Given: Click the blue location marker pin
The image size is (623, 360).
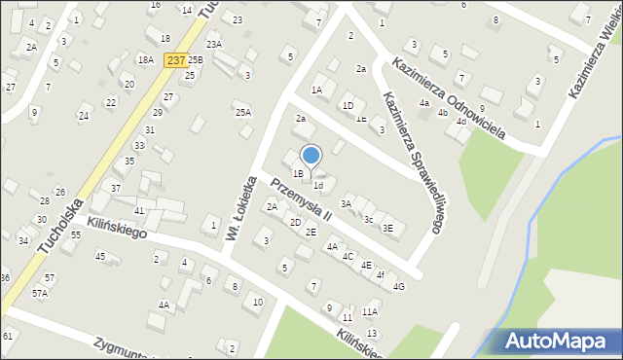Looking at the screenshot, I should point(311,155).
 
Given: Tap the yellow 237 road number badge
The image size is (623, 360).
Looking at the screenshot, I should point(176,59).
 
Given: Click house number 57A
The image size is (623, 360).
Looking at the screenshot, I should point(39,292).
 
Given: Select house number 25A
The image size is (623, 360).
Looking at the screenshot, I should point(243,112).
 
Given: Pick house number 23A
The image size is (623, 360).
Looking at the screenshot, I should point(214,44).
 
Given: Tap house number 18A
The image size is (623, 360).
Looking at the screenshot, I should point(146,59).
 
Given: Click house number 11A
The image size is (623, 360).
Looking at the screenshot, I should point(369,312).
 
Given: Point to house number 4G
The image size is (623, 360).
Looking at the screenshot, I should point(398,286).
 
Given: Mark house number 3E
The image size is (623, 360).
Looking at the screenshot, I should point(386,229).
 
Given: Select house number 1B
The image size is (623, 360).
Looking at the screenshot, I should point(298,174).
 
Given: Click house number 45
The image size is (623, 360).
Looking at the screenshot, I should point(99,256).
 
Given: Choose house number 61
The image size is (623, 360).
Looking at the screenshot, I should point(8,336).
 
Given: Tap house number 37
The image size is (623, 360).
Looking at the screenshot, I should point(116,188).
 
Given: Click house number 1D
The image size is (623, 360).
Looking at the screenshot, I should point(348,105).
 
